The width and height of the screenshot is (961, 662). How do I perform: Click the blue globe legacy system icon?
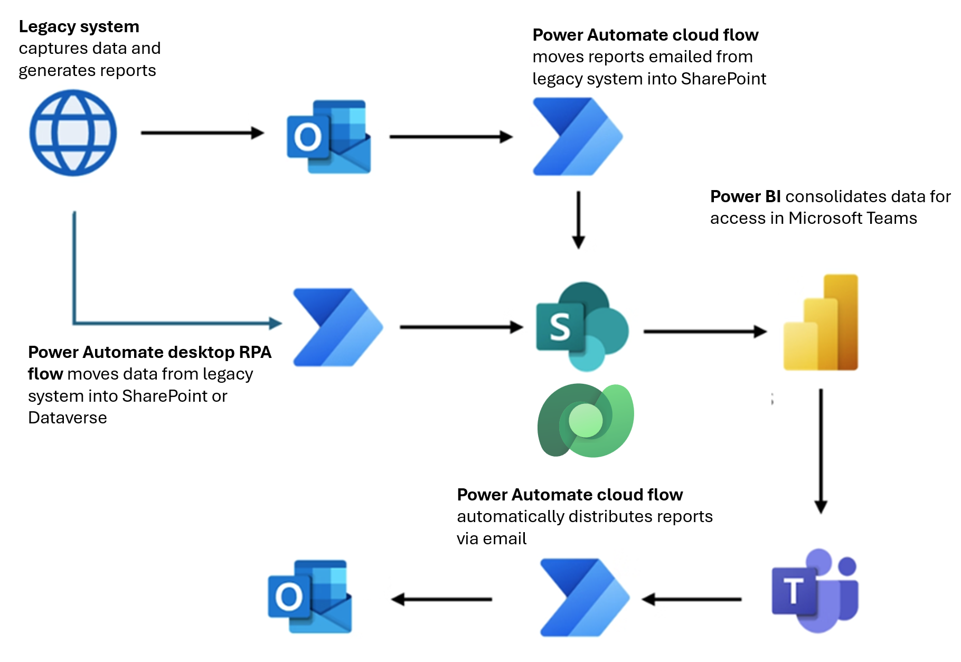point(73,133)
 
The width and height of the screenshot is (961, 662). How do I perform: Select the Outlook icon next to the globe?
point(328,137)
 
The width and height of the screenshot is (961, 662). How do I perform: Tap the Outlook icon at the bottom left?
point(310,597)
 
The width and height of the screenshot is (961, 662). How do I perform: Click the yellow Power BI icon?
point(821,323)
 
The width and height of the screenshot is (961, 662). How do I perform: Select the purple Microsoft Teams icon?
point(815,590)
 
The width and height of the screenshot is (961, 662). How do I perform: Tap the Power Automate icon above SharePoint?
point(577,137)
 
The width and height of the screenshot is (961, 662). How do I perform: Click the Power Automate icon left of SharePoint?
point(338,327)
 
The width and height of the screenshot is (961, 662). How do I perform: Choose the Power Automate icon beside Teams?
point(585,598)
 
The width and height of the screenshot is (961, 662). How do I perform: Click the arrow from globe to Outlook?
point(202,133)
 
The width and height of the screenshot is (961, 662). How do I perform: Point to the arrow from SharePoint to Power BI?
point(705,332)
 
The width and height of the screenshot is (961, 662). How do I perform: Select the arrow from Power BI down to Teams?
point(821,451)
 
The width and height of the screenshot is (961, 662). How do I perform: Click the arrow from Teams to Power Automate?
point(692,599)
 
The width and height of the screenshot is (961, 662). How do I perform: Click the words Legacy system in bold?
point(79,26)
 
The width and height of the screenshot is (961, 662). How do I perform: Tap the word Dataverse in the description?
point(68,418)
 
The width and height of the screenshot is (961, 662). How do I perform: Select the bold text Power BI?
point(745,196)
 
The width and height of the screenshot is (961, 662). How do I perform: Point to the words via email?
point(492,538)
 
